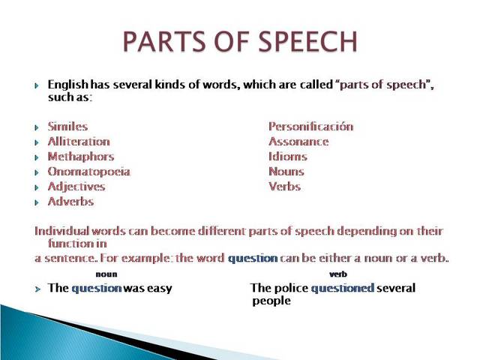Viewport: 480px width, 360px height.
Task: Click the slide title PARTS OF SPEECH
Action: pos(240,42)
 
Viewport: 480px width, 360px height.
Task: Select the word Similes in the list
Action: pos(67,127)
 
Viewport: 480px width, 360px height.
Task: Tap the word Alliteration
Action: pos(79,142)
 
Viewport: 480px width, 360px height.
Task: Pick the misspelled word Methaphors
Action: pos(81,157)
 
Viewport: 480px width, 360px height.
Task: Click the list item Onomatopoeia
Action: pos(88,172)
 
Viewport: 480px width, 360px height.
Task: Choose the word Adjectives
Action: pos(76,187)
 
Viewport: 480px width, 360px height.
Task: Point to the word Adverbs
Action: pos(70,202)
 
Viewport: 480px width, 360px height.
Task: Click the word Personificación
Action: pos(310,127)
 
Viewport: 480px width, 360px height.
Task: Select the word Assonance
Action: pos(298,142)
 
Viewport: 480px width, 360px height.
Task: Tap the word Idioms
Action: pos(288,157)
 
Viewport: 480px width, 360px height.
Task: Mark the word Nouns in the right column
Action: pos(286,172)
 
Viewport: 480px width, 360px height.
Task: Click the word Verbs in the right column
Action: pos(284,187)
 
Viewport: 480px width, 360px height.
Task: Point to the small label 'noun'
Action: pos(106,274)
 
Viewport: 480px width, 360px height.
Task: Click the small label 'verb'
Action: pos(338,274)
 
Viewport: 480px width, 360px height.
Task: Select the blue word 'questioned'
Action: pos(342,288)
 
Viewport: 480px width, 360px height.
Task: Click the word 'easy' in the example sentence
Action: pos(159,288)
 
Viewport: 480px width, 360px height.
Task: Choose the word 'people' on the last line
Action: pos(271,301)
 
